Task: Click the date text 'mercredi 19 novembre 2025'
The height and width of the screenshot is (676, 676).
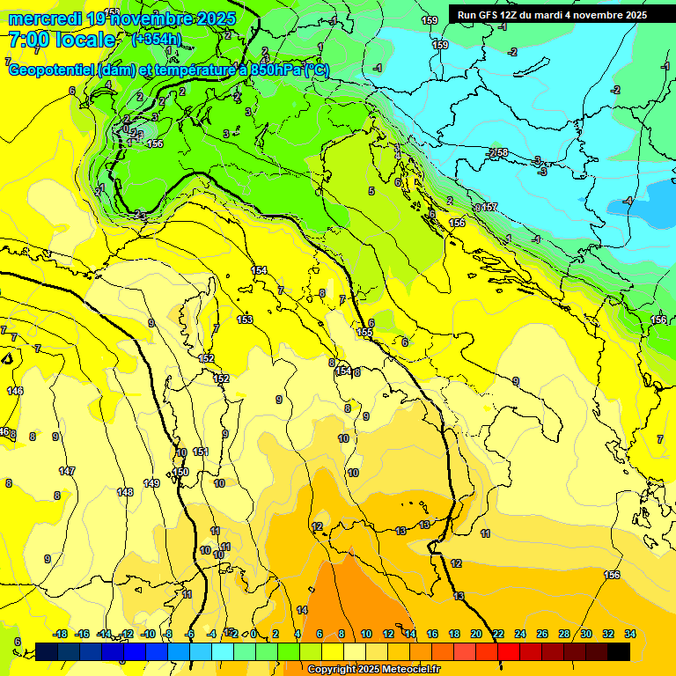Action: click(122, 18)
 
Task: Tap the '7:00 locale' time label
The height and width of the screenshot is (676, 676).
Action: click(62, 40)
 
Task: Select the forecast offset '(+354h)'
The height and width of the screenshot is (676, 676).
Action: click(157, 39)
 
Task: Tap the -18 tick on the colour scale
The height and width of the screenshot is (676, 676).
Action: click(61, 634)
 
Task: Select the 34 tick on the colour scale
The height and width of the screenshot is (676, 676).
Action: click(630, 634)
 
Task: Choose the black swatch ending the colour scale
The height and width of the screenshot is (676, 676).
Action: click(619, 651)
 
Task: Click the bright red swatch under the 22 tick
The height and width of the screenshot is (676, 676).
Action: click(509, 651)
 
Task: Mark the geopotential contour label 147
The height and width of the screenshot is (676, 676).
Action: click(67, 472)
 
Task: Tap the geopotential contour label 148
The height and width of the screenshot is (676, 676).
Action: click(125, 492)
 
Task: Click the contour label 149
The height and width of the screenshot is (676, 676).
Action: click(151, 483)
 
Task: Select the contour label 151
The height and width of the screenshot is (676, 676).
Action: click(201, 452)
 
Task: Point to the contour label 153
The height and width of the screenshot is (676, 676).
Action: click(246, 320)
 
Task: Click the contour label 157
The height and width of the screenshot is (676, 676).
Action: click(489, 207)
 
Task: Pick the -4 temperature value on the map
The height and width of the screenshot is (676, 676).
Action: click(628, 201)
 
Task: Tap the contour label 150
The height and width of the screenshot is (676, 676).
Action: click(180, 473)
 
